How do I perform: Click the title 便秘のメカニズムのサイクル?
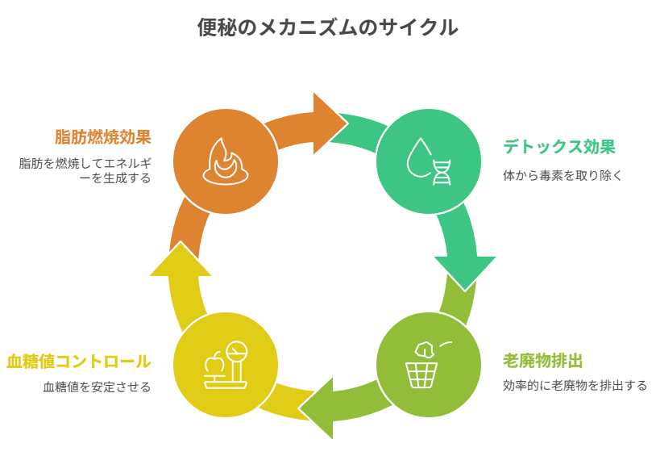(x=327, y=27)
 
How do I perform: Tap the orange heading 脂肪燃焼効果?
(x=102, y=136)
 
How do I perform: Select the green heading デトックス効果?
(x=558, y=147)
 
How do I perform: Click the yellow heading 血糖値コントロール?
(x=78, y=361)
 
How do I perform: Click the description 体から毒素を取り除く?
(x=563, y=175)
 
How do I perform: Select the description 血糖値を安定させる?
(x=97, y=387)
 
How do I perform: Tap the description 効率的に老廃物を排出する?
(x=575, y=385)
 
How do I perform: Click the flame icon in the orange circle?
(x=225, y=161)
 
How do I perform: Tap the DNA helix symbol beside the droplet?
(x=442, y=172)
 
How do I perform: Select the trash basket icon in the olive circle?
(x=421, y=374)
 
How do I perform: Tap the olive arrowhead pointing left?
(x=318, y=408)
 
